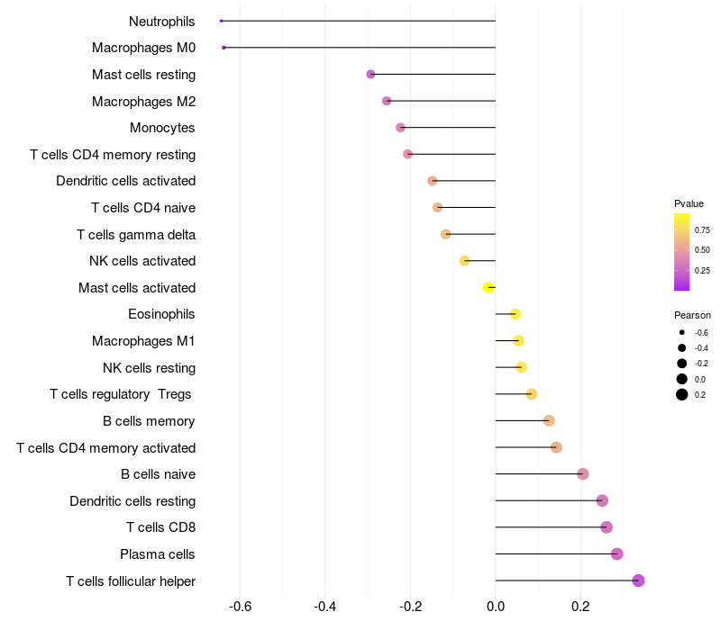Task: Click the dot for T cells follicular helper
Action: (638, 580)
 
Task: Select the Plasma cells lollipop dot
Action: (616, 553)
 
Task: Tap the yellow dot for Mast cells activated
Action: (488, 287)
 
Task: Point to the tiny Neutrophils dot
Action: (221, 21)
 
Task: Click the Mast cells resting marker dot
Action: (370, 74)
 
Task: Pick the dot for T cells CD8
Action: (607, 527)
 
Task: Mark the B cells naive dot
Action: (583, 473)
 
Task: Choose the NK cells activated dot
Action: (465, 261)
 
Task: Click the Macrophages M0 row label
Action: (143, 48)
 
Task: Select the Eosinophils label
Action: (161, 314)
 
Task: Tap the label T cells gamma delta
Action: (136, 235)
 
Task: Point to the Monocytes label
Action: (162, 128)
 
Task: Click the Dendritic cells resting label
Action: (132, 500)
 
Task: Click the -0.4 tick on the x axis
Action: (325, 606)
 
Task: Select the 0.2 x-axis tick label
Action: (580, 606)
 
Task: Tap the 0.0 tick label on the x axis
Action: (496, 606)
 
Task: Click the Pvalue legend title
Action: (689, 203)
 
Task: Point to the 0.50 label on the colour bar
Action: (702, 250)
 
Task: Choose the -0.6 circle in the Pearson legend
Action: (682, 333)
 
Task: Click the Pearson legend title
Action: (692, 315)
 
